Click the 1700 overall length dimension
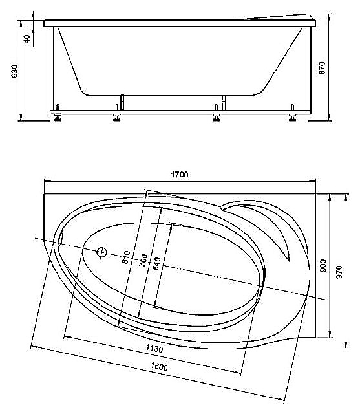pos(179,175)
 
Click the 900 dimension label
pos(323,267)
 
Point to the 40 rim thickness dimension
pos(26,38)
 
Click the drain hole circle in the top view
pos(101,252)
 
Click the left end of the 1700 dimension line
pos(44,180)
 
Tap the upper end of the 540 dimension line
pos(171,224)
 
